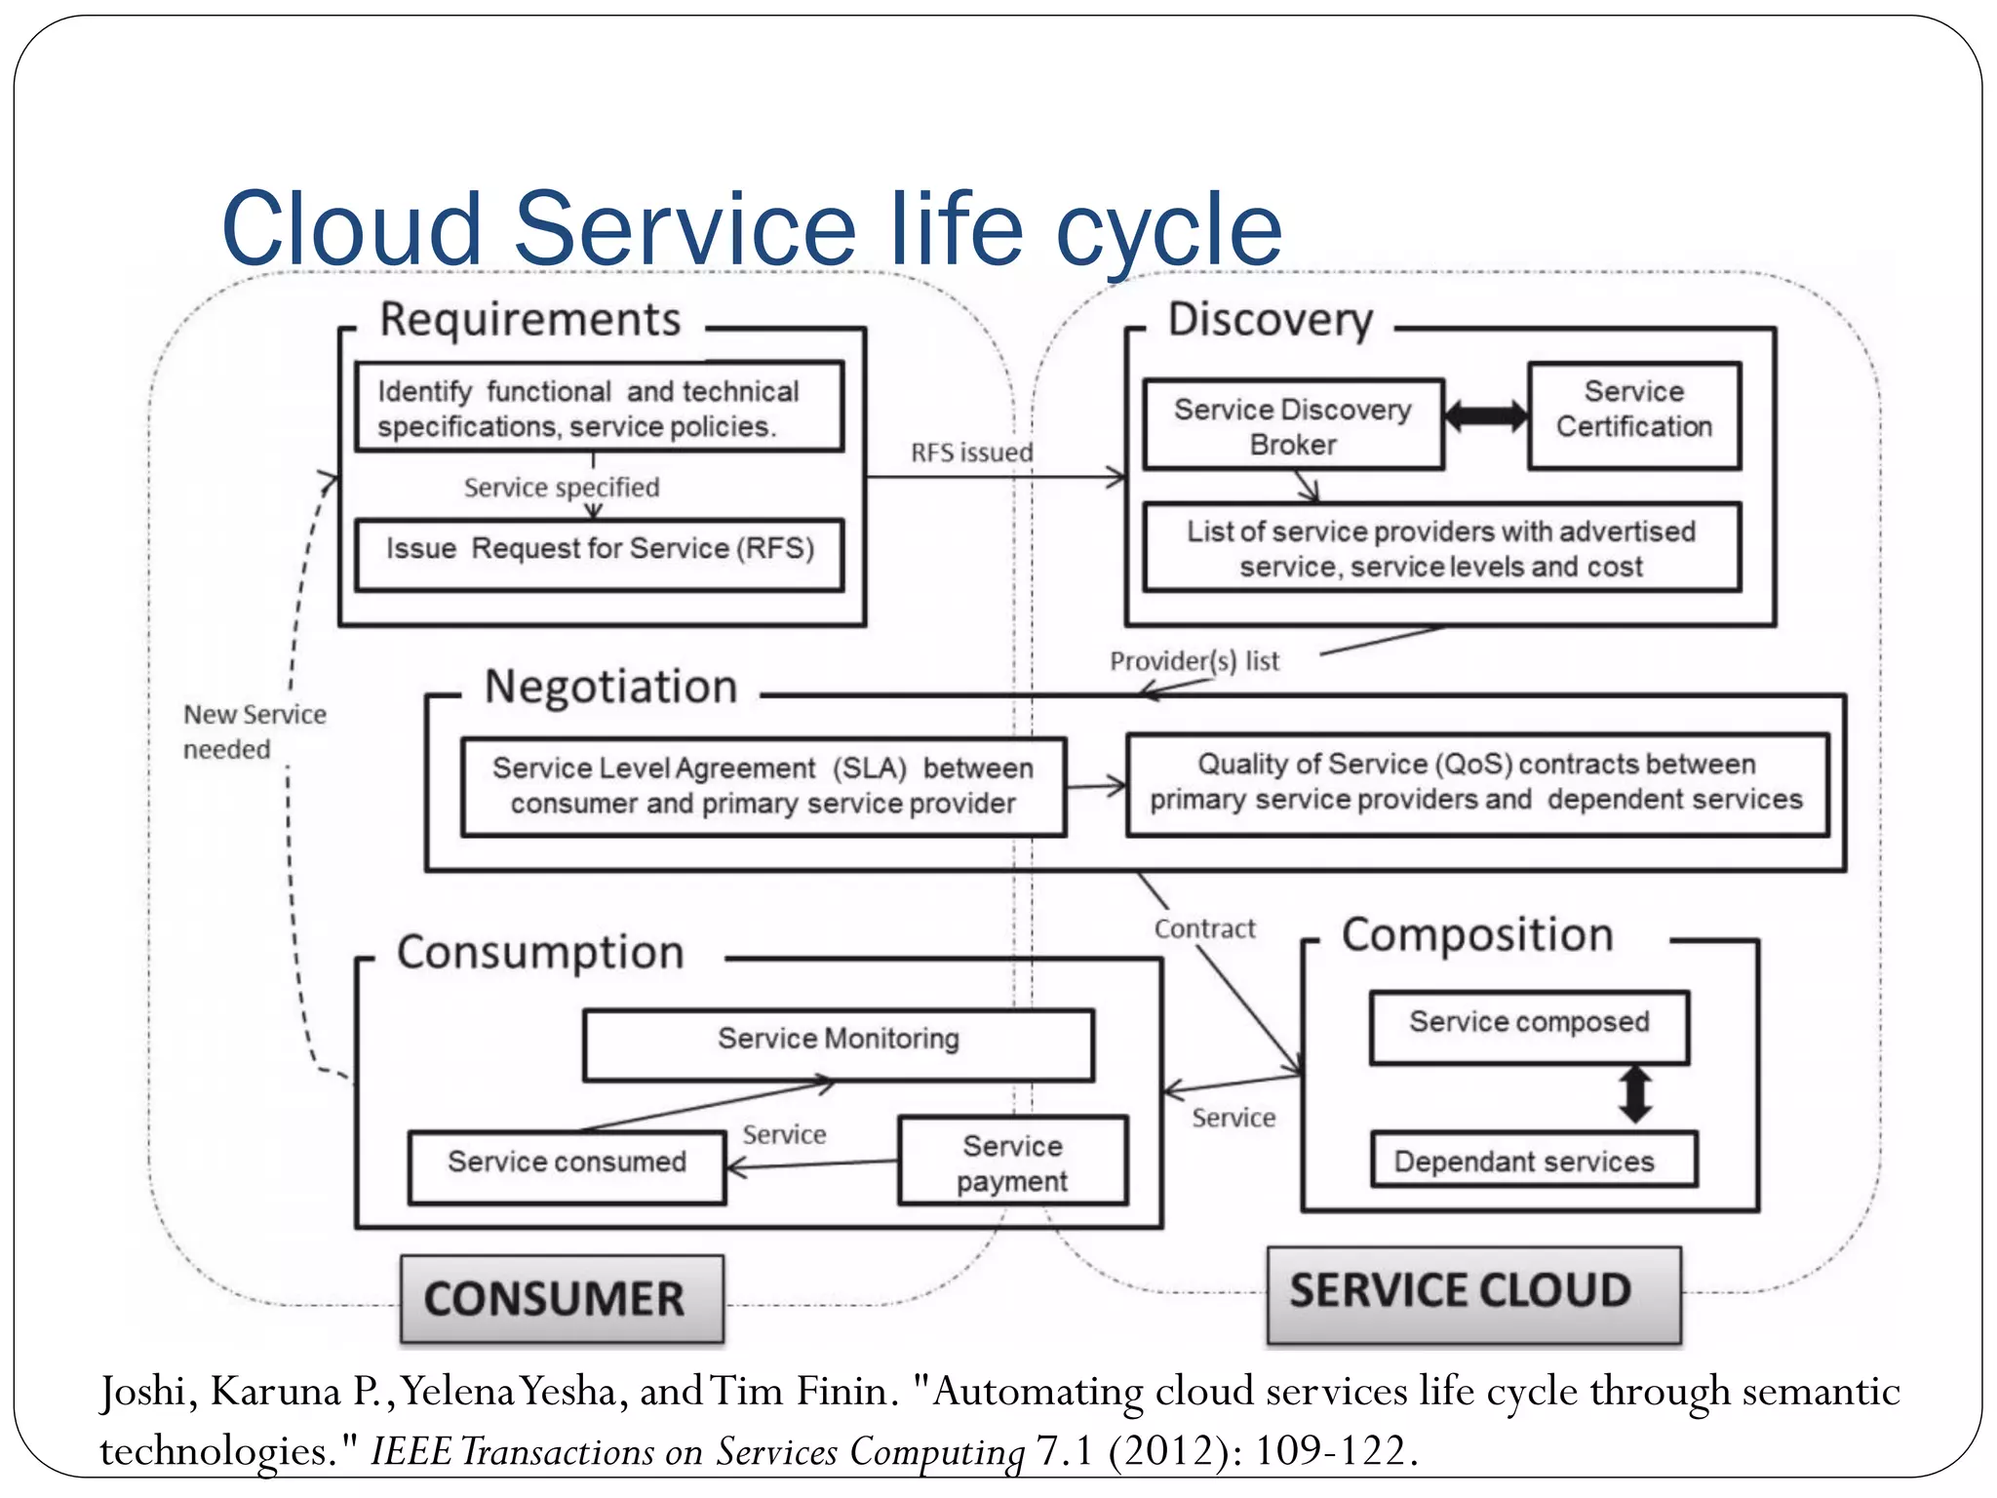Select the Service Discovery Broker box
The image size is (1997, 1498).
tap(1292, 426)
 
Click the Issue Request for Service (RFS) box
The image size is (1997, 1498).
tap(599, 549)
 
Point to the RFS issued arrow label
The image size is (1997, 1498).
tap(971, 453)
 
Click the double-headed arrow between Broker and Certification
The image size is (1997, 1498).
tap(1485, 415)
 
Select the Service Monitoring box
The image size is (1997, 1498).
tap(838, 1040)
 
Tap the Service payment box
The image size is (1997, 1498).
tap(1012, 1162)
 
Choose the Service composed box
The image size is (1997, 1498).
tap(1528, 1023)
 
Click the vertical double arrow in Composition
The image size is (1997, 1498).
tap(1634, 1093)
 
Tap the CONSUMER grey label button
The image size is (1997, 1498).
tap(561, 1298)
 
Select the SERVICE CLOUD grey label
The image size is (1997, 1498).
tap(1473, 1293)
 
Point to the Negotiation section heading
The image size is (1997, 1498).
tap(610, 687)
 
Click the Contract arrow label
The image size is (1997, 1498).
tap(1204, 929)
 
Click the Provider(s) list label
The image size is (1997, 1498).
tap(1194, 661)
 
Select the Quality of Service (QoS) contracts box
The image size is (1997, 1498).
tap(1476, 782)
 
